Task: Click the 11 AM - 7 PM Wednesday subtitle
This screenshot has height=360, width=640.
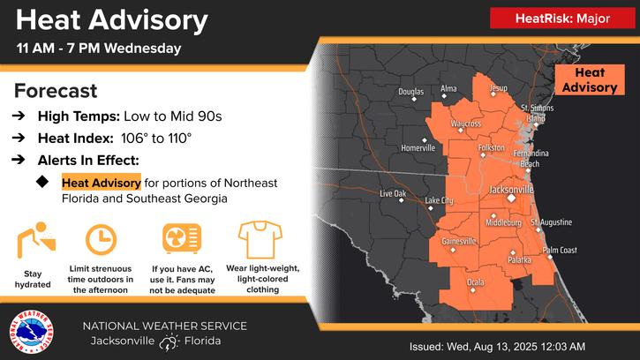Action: click(99, 47)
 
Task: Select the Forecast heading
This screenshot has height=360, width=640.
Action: click(56, 91)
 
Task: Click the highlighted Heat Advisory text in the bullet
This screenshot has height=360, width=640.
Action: click(101, 183)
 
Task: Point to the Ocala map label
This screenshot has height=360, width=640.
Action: click(475, 282)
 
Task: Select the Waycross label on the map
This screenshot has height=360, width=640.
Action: click(465, 124)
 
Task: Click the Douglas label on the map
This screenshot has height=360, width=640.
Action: click(411, 92)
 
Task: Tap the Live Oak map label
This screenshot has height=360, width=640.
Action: click(393, 193)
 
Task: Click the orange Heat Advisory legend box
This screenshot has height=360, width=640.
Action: click(590, 80)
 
